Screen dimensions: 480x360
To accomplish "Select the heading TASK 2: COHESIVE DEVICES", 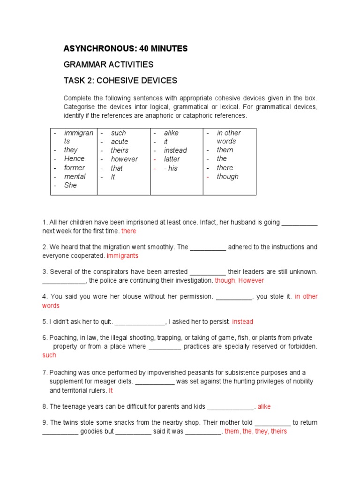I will (120, 80).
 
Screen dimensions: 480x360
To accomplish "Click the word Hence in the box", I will (74, 158).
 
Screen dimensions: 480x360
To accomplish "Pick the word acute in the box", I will (120, 142).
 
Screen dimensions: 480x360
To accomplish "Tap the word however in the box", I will (124, 159).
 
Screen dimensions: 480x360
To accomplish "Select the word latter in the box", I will (172, 159).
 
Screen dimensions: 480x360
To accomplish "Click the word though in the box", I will (227, 177).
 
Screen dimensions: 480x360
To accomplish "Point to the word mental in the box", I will (75, 176).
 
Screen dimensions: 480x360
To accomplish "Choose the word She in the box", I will (70, 185).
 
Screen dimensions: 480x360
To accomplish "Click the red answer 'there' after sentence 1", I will (128, 231).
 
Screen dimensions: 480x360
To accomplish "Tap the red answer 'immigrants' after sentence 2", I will (122, 256).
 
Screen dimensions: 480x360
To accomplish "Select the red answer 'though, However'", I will (239, 280).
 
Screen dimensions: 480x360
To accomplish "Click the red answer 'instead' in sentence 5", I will (242, 322).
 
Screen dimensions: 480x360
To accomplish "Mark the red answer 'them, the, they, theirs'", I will (255, 431).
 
